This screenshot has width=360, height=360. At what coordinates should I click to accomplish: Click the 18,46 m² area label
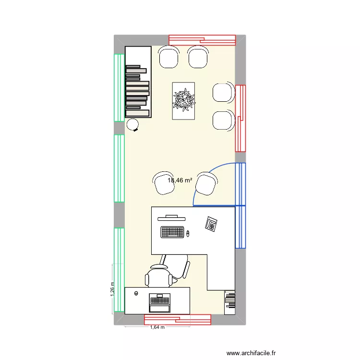pos(180,180)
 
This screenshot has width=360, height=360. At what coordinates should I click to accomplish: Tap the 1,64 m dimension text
pos(157,328)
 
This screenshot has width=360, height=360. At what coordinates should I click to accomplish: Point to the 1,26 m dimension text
pos(112,289)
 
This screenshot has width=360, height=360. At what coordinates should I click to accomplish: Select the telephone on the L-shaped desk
pos(211,224)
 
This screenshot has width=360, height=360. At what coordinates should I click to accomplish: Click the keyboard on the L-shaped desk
pos(172,232)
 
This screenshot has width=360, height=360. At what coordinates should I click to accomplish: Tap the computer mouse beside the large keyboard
pos(188,234)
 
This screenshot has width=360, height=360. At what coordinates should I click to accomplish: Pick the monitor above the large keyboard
pos(172,216)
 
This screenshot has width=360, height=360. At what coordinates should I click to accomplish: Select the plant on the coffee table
pos(184,100)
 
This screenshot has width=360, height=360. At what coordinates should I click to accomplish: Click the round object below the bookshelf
pos(132,125)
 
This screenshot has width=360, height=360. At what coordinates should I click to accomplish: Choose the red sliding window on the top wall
pos(202,40)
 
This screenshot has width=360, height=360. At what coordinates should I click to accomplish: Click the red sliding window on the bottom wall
pos(178,320)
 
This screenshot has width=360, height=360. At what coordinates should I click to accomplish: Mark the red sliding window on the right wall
pos(240,118)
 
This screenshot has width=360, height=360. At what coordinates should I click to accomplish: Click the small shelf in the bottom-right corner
pos(229,301)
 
